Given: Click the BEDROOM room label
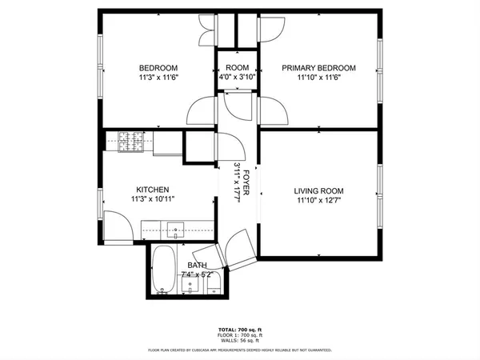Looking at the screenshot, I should (158, 68).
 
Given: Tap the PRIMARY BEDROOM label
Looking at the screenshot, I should (318, 68).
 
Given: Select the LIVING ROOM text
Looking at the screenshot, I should (318, 190).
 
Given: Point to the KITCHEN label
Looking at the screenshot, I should (151, 189).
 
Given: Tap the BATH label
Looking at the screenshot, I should (197, 265).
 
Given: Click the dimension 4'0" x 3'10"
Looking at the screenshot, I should (237, 78).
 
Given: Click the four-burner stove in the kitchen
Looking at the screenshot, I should (130, 142).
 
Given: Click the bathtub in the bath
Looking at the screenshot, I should (164, 271).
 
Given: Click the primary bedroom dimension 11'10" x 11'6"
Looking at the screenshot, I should (318, 78).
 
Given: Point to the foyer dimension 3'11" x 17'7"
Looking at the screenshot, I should (238, 183).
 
